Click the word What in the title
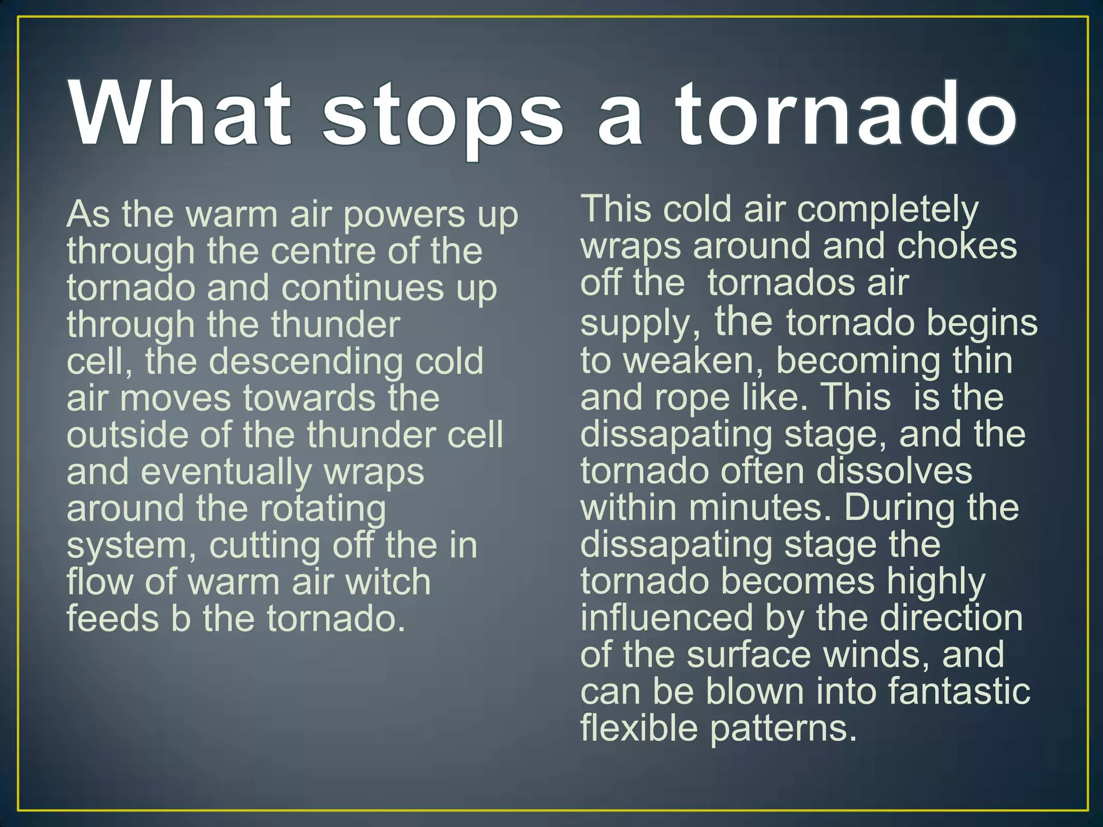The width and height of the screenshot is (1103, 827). point(180,114)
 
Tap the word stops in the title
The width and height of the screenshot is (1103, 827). point(443,117)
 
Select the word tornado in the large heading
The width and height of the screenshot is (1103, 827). point(847,114)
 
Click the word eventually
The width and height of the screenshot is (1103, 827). point(226,473)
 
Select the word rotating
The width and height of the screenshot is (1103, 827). point(323,509)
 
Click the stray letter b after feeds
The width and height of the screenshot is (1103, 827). point(180,619)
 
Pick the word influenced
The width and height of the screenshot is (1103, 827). point(667,618)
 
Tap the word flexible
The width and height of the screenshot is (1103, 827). point(639,728)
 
